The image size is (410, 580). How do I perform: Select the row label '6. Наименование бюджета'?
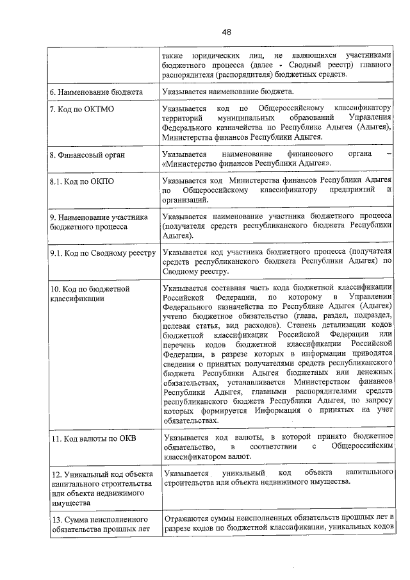(x=96, y=92)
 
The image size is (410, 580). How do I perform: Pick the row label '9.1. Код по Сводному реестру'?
(x=103, y=254)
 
